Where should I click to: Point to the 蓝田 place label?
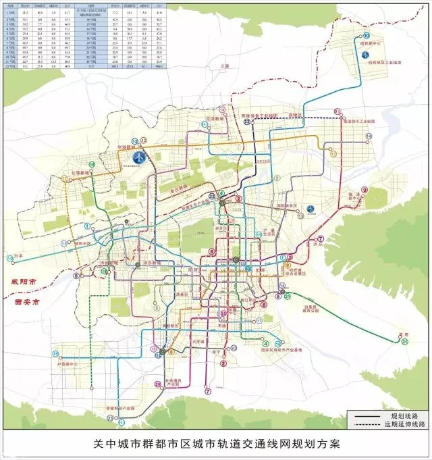404,334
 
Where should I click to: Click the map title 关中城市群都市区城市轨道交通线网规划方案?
216,445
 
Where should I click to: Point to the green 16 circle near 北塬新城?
91,165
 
